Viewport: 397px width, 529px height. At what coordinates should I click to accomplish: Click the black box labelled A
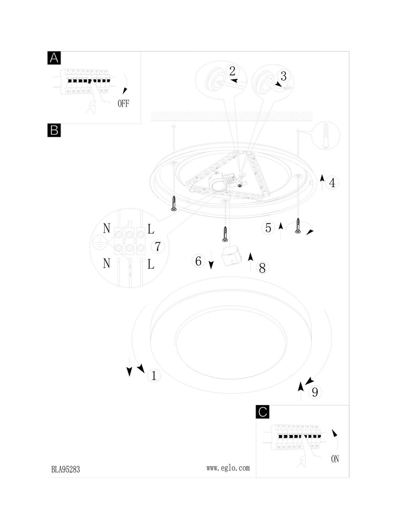click(54, 58)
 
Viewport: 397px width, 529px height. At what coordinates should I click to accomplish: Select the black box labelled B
click(54, 130)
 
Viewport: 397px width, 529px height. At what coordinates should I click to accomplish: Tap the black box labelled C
click(263, 412)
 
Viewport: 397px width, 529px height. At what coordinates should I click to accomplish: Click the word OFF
click(123, 104)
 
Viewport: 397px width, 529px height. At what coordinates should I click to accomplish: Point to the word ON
click(335, 459)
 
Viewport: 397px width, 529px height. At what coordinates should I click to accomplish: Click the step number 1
click(154, 375)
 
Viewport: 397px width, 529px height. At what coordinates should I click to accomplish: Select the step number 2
click(232, 71)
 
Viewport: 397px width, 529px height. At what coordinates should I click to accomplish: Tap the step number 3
click(283, 76)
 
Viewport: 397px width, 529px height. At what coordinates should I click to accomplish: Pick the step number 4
click(332, 183)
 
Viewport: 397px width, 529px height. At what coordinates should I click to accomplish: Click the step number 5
click(268, 228)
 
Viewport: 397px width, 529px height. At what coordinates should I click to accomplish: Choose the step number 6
click(198, 261)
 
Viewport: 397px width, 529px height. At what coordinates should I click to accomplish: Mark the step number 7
click(158, 246)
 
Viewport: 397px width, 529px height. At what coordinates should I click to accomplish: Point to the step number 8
click(263, 268)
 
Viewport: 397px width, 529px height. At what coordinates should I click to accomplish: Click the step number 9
click(315, 392)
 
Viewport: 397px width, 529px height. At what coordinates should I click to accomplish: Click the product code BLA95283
click(66, 470)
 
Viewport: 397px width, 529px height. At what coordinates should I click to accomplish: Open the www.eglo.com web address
click(228, 468)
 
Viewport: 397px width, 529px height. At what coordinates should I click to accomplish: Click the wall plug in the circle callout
click(326, 136)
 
